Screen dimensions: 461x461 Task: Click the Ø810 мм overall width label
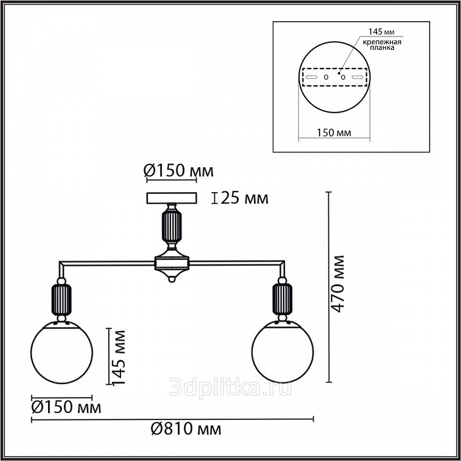[x=186, y=430]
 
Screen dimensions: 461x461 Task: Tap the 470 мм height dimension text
[x=337, y=284]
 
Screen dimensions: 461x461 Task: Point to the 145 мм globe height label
[x=119, y=357]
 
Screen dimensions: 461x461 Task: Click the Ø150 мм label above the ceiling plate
[x=179, y=170]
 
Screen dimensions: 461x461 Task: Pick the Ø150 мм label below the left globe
[x=66, y=407]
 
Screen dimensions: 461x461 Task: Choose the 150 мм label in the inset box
[x=334, y=133]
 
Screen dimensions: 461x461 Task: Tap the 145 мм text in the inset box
[x=382, y=31]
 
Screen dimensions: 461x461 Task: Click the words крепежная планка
[x=382, y=45]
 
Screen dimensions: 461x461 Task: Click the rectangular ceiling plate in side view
[x=172, y=198]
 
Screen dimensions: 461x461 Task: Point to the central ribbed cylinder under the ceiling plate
[x=172, y=227]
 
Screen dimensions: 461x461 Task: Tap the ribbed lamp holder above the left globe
[x=61, y=300]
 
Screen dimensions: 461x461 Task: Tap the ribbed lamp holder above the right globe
[x=282, y=300]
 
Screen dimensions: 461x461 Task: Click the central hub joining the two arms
[x=172, y=263]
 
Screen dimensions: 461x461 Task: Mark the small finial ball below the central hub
[x=172, y=279]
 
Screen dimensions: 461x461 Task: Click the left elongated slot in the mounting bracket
[x=312, y=77]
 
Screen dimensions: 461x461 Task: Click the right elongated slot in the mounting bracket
[x=358, y=77]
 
